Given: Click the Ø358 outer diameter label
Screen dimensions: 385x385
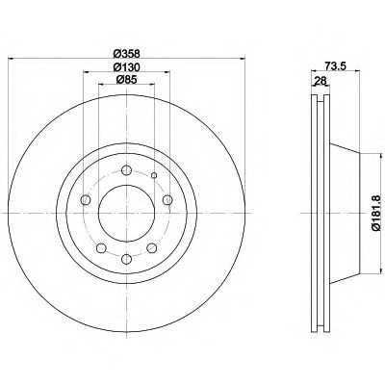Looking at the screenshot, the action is pyautogui.click(x=126, y=53).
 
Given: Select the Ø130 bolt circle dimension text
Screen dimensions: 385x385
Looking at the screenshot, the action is pyautogui.click(x=126, y=66).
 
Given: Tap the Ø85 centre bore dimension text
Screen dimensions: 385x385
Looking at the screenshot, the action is pyautogui.click(x=126, y=79).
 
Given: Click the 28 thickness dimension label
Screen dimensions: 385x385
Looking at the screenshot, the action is pyautogui.click(x=321, y=81).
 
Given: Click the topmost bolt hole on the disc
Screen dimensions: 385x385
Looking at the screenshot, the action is pyautogui.click(x=127, y=170).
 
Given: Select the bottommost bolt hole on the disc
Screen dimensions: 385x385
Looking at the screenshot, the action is pyautogui.click(x=127, y=259).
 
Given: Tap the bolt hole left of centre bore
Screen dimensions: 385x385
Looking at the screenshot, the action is pyautogui.click(x=85, y=200).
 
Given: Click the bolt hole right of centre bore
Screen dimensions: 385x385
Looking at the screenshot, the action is pyautogui.click(x=167, y=200).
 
